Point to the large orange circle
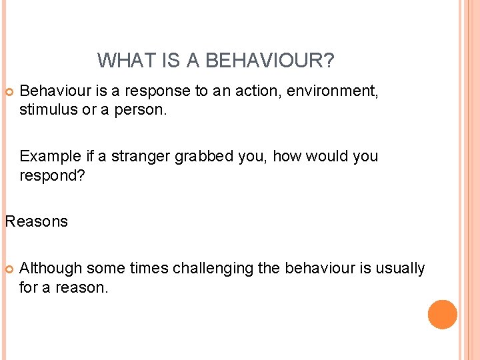(x=442, y=314)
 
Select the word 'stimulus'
(x=48, y=109)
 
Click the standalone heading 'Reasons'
(x=36, y=221)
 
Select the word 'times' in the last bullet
(x=149, y=269)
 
